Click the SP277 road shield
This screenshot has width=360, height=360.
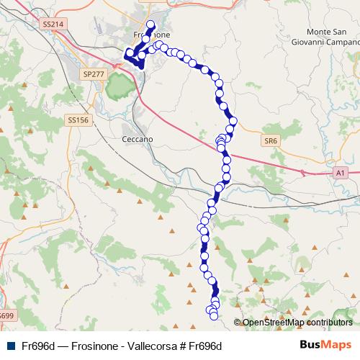(93, 74)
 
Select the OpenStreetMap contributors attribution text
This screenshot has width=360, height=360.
(297, 323)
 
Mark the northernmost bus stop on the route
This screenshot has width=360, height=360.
(151, 24)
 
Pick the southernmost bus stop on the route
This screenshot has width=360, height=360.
(213, 316)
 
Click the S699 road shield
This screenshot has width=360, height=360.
(6, 315)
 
